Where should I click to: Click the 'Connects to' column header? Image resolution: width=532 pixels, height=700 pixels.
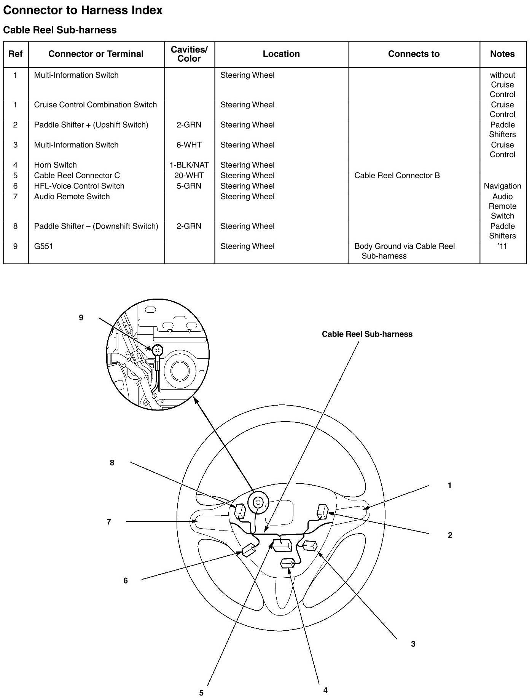pos(414,54)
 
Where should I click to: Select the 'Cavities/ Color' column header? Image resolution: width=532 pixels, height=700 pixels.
pos(189,54)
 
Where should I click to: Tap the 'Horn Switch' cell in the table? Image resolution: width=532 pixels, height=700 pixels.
pos(56,165)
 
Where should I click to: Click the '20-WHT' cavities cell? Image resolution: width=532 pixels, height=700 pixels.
pos(189,176)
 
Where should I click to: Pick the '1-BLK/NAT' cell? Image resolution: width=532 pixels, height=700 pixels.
pos(189,165)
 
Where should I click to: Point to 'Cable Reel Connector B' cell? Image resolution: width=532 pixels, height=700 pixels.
pos(397,176)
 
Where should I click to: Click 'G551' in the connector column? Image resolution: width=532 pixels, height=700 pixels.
pos(44,246)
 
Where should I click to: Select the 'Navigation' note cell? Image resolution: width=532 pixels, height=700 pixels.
pos(502,186)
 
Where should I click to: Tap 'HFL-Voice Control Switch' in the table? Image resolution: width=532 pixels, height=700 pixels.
pos(79,186)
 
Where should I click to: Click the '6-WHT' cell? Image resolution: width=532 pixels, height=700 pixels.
pos(189,145)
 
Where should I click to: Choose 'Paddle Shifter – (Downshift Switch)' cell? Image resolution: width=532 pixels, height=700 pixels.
pos(96,226)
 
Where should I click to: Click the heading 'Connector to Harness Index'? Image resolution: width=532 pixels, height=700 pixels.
pos(83,10)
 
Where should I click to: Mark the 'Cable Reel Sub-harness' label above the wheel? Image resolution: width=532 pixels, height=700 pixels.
pos(367,334)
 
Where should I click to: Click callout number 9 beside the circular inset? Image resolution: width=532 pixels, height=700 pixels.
pos(81,318)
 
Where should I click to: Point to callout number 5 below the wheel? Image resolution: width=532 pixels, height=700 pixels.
pos(201,693)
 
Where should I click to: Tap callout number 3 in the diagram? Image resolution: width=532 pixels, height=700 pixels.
pos(413,644)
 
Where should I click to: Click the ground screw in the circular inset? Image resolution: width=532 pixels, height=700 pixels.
pos(157,350)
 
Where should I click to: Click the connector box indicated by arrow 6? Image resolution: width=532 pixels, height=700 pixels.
pos(248,550)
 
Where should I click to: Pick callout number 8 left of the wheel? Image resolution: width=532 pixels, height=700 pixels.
pos(112,463)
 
